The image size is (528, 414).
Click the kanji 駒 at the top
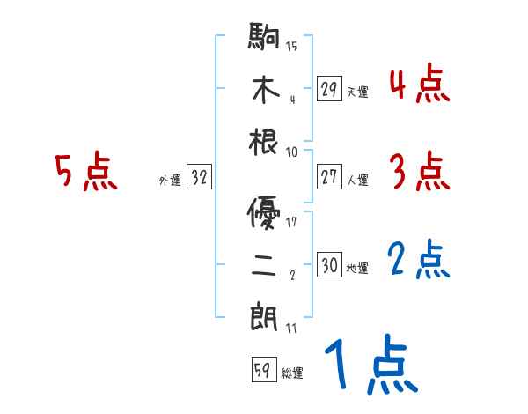pos(265,39)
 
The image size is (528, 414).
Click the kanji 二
pos(265,264)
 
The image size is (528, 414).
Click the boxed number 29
pos(329,89)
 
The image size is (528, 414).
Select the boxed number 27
pos(329,177)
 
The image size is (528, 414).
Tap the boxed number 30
pos(329,265)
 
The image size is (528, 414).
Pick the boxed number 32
pos(199,178)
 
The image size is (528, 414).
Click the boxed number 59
pos(262,371)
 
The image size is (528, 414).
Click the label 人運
pos(357,180)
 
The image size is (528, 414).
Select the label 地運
pos(357,268)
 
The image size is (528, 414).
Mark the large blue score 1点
pos(370,365)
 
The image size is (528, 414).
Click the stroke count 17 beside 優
pos(292,222)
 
